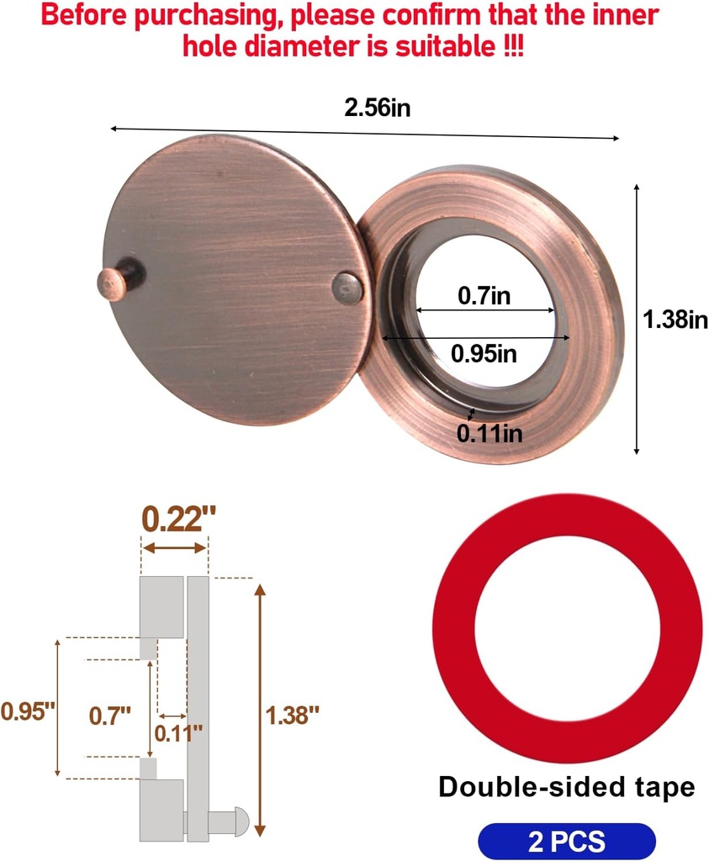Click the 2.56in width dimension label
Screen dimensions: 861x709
(x=377, y=108)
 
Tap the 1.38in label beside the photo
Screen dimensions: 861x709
(x=675, y=320)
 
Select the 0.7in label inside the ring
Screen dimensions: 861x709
(x=484, y=295)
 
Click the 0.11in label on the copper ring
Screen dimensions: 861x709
(x=489, y=433)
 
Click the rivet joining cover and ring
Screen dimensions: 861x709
(x=348, y=288)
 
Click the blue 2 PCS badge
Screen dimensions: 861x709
(x=566, y=842)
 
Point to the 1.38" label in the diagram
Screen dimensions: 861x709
(x=293, y=716)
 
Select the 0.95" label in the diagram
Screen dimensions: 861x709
(x=28, y=710)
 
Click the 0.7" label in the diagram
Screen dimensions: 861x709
(x=110, y=716)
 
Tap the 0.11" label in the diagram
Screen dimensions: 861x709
(x=178, y=732)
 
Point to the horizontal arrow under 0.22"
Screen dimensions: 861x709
(x=174, y=548)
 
